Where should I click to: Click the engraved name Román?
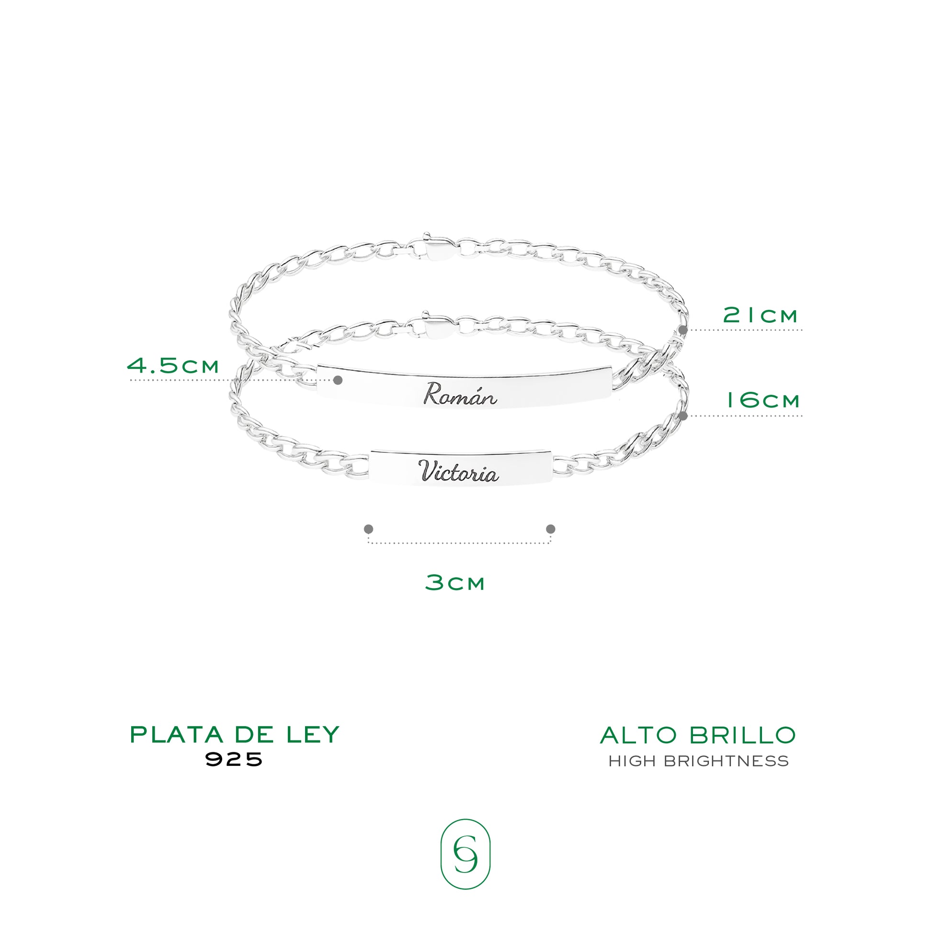460,394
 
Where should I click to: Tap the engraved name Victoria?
458,471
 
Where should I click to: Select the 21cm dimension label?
760,316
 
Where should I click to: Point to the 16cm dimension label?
763,400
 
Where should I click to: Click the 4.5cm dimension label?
173,365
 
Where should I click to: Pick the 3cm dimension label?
455,582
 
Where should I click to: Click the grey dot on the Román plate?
338,380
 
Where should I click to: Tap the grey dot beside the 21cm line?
682,330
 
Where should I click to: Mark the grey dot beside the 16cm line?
682,415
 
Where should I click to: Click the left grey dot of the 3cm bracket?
369,529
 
